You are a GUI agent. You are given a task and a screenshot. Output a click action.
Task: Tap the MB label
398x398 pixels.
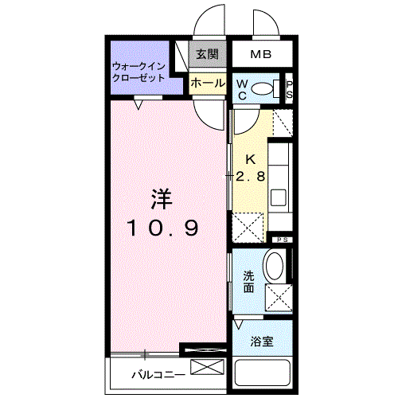(260, 55)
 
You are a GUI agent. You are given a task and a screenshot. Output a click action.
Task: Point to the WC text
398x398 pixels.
(241, 89)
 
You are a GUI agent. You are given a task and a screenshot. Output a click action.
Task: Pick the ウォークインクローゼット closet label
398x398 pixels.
(139, 72)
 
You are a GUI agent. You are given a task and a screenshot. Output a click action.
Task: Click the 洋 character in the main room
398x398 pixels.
(163, 197)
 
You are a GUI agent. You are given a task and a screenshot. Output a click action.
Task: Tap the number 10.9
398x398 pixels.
(163, 228)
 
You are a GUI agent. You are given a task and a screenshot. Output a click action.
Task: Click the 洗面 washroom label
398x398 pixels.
(248, 281)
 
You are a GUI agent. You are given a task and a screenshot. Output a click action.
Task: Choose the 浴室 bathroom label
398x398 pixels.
(263, 341)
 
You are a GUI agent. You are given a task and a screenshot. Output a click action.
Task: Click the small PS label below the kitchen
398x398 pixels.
(281, 239)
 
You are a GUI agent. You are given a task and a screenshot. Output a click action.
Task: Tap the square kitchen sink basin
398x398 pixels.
(279, 197)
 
